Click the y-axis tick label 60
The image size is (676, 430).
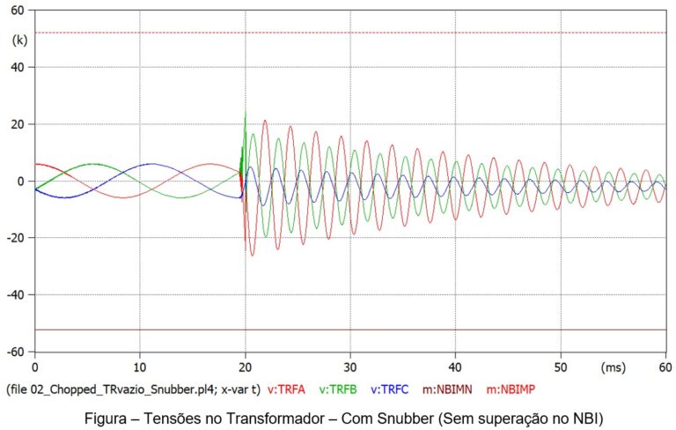18,11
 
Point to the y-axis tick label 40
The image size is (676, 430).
18,67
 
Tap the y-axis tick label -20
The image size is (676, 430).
16,238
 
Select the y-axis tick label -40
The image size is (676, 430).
16,294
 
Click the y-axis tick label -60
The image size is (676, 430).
16,352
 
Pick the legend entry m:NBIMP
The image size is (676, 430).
515,389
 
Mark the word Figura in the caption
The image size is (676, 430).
103,415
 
